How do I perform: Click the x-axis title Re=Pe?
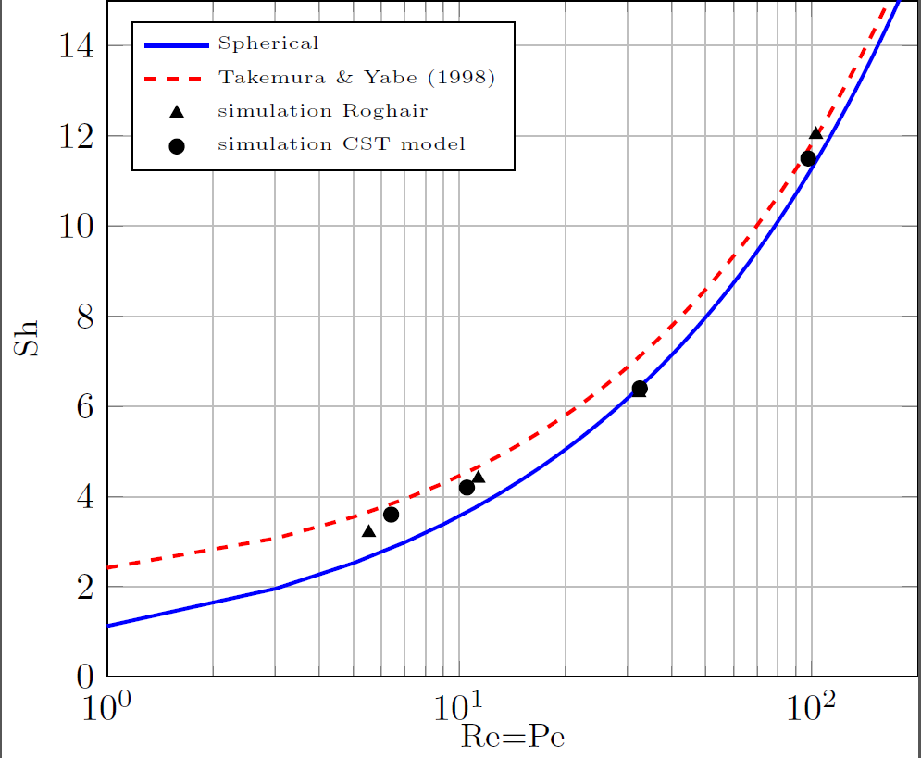(x=513, y=737)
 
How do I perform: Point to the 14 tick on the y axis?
(x=76, y=45)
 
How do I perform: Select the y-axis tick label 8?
(x=83, y=317)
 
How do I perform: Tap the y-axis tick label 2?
(x=83, y=588)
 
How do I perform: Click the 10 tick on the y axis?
(x=76, y=227)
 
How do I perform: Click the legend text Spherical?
(x=268, y=43)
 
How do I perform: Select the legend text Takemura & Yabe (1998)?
(x=356, y=77)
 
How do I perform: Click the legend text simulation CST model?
(x=341, y=144)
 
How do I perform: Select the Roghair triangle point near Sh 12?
(x=815, y=133)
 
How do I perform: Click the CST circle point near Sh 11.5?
(x=808, y=158)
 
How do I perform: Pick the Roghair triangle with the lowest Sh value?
(x=368, y=531)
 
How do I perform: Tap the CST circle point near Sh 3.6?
(x=391, y=515)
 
